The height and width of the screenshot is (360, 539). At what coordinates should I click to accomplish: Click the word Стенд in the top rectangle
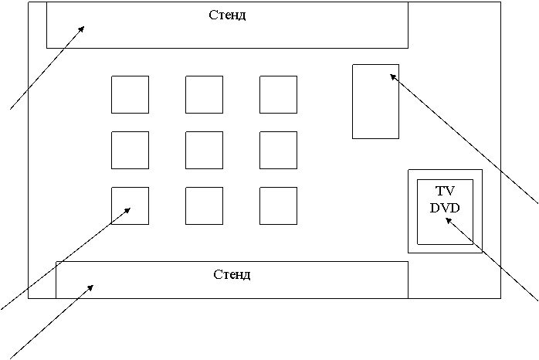[227, 15]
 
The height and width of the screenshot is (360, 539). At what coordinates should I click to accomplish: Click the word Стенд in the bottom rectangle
[232, 274]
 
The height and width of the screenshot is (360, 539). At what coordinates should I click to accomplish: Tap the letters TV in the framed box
[445, 191]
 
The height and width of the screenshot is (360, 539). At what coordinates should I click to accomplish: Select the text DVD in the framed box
[445, 207]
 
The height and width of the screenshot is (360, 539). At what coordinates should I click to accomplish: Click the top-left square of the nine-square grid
[130, 94]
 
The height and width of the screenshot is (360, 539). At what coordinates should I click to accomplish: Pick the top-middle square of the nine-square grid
[204, 94]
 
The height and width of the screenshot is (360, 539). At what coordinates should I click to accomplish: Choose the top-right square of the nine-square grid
[278, 94]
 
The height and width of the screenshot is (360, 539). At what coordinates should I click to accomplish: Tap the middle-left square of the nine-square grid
[130, 150]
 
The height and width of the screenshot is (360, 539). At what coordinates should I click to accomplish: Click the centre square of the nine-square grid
[204, 150]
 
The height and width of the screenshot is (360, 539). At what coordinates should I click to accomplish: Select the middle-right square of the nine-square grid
[278, 150]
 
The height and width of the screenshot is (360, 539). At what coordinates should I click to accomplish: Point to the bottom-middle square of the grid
[204, 205]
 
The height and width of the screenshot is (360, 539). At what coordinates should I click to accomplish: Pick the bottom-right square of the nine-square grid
[278, 205]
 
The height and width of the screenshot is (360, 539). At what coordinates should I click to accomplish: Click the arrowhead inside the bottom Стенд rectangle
[90, 287]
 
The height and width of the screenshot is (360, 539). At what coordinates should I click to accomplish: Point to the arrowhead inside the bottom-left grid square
[127, 209]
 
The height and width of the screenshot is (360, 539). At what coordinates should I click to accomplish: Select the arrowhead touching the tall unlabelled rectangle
[393, 76]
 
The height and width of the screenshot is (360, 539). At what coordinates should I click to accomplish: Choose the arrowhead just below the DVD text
[448, 221]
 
